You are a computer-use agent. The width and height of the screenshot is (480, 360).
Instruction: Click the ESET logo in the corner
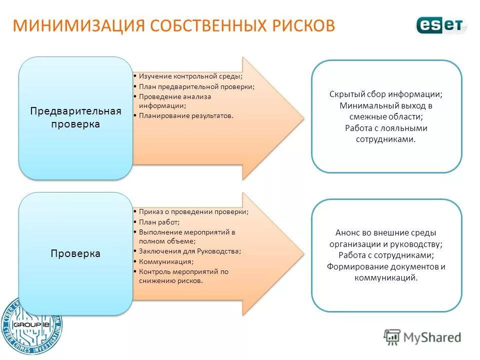[440, 25]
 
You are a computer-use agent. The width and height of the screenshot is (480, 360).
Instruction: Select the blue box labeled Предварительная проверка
[75, 117]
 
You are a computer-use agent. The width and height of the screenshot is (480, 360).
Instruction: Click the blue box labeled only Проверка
[75, 253]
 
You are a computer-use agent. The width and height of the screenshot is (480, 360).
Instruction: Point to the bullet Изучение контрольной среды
[191, 76]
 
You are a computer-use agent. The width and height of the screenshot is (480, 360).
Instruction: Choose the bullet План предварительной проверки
[196, 86]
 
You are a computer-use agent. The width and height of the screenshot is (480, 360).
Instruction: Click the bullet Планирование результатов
[186, 115]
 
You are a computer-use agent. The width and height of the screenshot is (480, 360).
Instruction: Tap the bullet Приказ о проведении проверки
[193, 211]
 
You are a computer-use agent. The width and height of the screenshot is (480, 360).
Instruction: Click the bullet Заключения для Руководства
[190, 251]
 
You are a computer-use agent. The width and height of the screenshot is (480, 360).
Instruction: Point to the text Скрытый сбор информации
[386, 94]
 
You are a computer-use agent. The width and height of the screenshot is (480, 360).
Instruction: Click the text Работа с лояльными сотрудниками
[386, 133]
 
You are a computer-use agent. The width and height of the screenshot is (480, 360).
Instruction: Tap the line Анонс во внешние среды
[386, 232]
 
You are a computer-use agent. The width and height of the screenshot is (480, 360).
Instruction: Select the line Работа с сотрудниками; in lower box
[386, 255]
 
